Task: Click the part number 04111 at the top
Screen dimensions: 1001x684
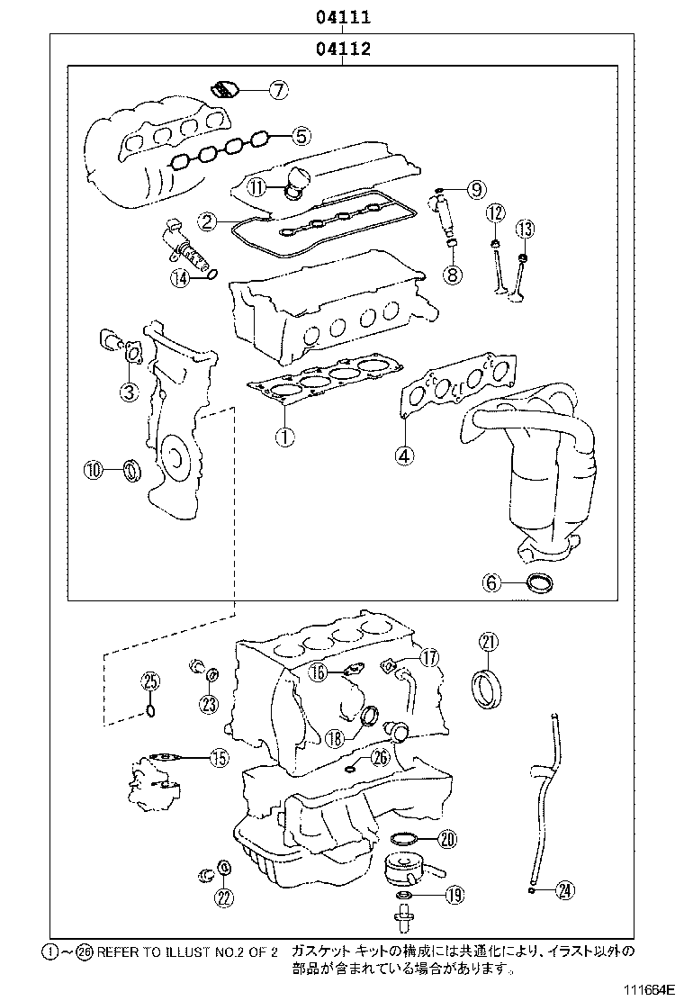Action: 343,17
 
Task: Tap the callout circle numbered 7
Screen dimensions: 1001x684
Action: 278,89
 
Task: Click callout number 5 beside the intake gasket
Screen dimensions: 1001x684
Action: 301,137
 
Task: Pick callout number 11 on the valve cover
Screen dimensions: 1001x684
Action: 257,187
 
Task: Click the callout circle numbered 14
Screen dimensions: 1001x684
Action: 180,278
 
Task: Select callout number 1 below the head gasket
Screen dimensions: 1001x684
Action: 284,437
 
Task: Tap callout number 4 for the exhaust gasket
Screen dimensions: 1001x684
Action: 405,455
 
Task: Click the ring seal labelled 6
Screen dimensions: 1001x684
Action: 539,583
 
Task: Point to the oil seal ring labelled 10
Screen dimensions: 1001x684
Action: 133,469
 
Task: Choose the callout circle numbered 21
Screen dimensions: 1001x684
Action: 488,642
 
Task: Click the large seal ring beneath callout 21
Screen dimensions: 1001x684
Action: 488,685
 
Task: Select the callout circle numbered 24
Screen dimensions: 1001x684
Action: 563,890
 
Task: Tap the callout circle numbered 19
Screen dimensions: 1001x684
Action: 454,895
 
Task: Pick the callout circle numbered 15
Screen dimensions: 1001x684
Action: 219,759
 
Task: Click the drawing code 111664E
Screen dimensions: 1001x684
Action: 645,989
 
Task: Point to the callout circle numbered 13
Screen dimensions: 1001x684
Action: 525,230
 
